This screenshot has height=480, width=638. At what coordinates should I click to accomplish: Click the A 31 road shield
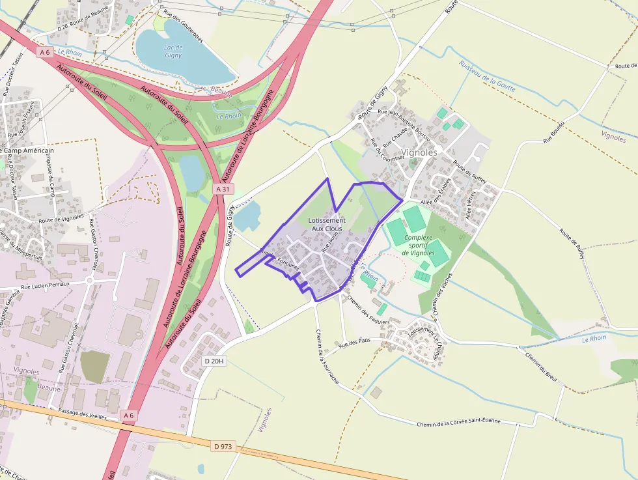click(x=223, y=189)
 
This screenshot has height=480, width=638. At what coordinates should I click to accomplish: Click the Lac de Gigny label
click(x=173, y=51)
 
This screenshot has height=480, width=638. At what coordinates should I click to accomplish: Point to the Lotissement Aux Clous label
click(x=327, y=225)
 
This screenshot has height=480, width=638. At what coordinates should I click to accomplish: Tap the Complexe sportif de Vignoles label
click(x=419, y=245)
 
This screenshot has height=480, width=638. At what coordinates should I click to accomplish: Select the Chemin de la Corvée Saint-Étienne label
click(x=459, y=422)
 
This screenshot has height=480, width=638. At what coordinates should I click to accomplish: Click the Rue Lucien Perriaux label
click(x=45, y=287)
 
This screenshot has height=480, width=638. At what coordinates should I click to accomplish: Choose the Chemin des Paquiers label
click(x=368, y=310)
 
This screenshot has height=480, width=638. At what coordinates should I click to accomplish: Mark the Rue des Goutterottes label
click(x=183, y=29)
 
